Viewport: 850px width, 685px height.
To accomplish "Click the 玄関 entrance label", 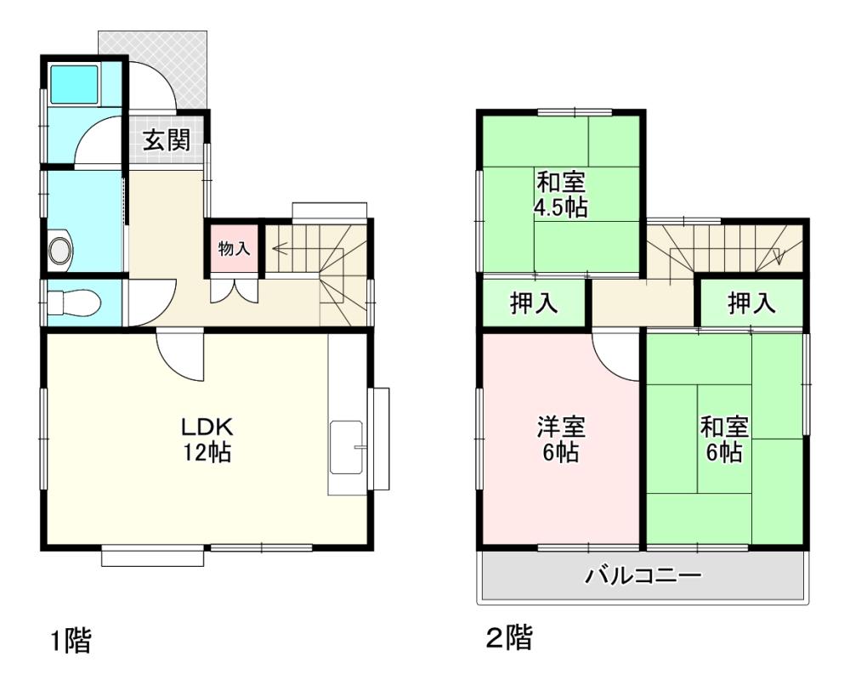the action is [167, 140].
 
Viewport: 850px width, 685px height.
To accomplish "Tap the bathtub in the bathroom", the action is [74, 84].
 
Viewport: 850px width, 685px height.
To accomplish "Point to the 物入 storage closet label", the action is [235, 249].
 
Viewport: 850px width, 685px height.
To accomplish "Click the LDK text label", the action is [207, 427].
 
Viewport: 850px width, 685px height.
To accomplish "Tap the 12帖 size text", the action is [207, 452].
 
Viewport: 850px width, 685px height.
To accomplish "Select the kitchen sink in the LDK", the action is [347, 447].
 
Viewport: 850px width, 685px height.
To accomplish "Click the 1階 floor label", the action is [71, 641].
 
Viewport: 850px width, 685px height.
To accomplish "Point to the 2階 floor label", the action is [508, 637].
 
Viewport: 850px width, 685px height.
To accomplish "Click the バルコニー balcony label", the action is [643, 575].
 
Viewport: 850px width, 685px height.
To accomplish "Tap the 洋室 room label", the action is [561, 427].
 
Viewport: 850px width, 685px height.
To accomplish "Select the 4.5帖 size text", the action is [561, 207].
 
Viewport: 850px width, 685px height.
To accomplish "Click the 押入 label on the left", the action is [534, 303].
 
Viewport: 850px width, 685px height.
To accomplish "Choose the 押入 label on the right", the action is [751, 303].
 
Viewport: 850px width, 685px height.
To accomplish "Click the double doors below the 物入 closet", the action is [235, 291].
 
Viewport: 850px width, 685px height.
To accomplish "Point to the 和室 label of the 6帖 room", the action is [724, 427].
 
